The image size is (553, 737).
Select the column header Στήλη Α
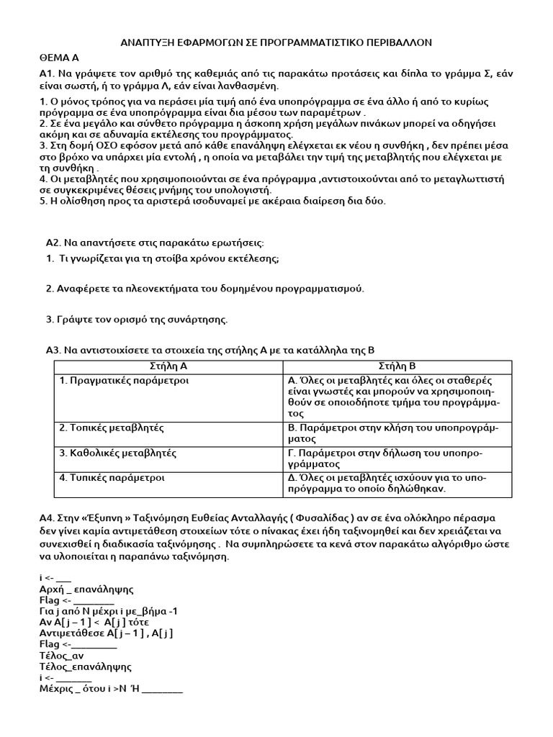[x=168, y=366]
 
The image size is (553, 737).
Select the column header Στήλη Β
[x=393, y=366]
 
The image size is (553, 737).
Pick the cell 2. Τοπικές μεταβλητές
[x=112, y=428]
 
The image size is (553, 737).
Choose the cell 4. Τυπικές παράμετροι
[x=112, y=477]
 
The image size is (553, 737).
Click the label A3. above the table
[x=54, y=351]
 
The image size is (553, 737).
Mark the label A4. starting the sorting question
[x=48, y=518]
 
